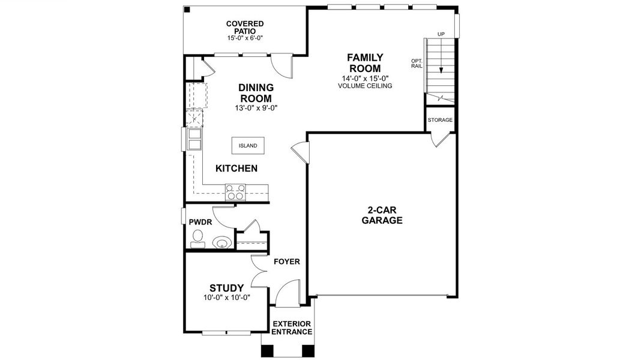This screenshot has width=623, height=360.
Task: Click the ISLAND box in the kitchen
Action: pyautogui.click(x=248, y=146)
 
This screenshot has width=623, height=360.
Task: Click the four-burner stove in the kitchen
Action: pyautogui.click(x=235, y=192)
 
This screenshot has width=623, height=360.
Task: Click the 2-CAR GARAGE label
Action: pyautogui.click(x=382, y=215)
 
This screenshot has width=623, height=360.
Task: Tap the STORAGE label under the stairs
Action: pyautogui.click(x=440, y=120)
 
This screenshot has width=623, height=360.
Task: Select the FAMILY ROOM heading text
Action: pyautogui.click(x=365, y=63)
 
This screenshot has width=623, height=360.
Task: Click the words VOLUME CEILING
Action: pyautogui.click(x=365, y=86)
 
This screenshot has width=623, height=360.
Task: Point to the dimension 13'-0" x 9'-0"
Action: pyautogui.click(x=256, y=109)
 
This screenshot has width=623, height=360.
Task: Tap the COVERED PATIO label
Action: pyautogui.click(x=245, y=28)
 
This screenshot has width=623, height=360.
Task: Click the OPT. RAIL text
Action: pyautogui.click(x=417, y=63)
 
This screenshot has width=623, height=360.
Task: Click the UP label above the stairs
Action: pyautogui.click(x=441, y=34)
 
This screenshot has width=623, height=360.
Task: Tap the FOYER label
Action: pyautogui.click(x=287, y=262)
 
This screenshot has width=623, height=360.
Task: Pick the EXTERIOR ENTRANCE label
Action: pyautogui.click(x=292, y=328)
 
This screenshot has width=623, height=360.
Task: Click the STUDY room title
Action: pyautogui.click(x=226, y=288)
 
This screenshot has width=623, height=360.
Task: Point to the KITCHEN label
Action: pyautogui.click(x=236, y=169)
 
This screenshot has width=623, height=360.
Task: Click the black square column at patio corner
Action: pyautogui.click(x=187, y=10)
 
